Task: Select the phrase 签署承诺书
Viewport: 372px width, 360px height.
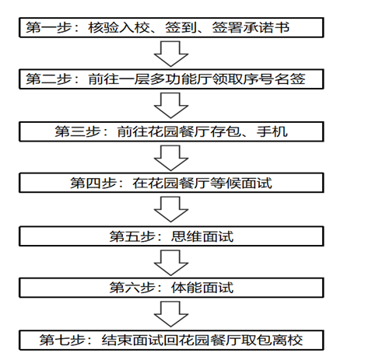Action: (251, 27)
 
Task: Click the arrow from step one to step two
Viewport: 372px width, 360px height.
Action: (171, 54)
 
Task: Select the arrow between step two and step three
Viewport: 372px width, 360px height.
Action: (171, 106)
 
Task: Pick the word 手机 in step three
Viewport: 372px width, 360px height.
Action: (272, 131)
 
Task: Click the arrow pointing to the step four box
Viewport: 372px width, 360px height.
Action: (171, 158)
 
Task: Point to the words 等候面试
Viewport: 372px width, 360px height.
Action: (241, 183)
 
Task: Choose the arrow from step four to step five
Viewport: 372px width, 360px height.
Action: (171, 209)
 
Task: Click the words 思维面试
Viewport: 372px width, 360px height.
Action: (202, 236)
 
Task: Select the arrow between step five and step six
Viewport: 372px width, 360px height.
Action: (171, 263)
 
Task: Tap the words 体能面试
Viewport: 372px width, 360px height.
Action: (202, 288)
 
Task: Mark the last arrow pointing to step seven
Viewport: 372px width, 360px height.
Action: (171, 314)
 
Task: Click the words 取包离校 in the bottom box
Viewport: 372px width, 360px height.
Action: (272, 340)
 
